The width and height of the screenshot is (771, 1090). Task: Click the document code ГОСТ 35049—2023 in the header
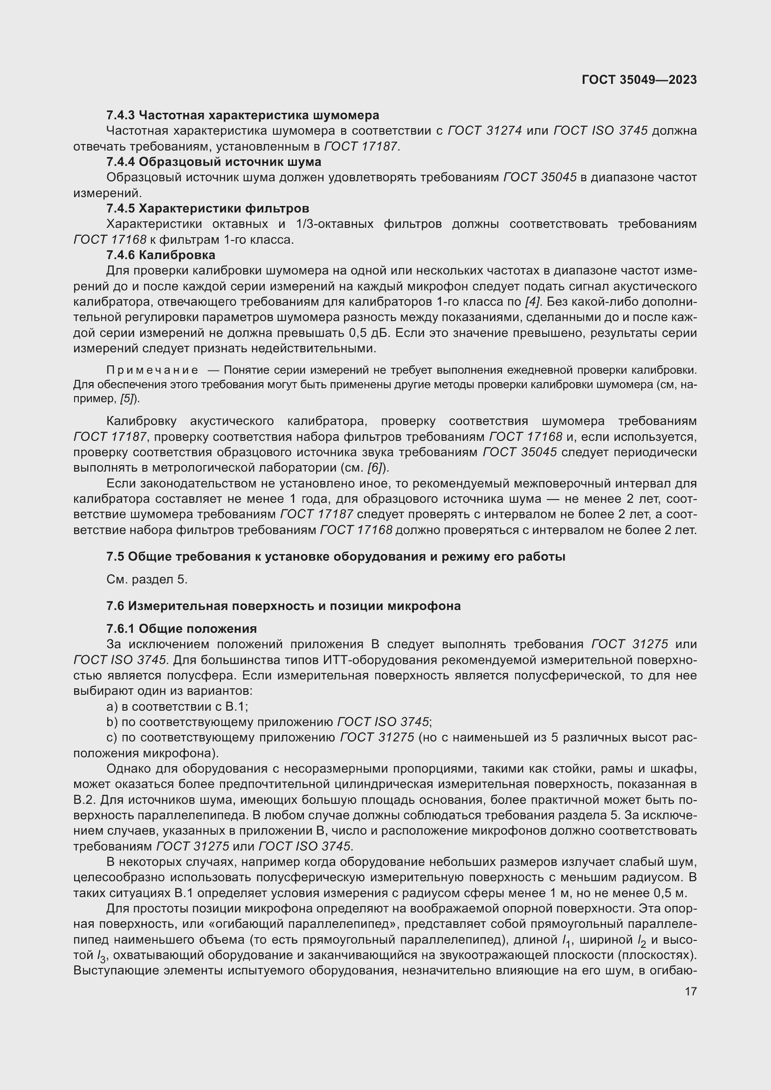(x=639, y=80)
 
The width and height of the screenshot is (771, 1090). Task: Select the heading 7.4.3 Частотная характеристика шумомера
(x=242, y=116)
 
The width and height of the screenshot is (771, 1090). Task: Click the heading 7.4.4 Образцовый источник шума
(x=213, y=162)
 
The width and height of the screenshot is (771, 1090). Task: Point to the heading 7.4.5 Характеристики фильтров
(x=207, y=208)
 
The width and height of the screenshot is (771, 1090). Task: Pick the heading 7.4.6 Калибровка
(x=160, y=255)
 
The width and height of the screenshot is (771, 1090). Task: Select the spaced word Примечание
(x=152, y=370)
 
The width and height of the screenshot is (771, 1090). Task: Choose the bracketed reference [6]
(x=376, y=467)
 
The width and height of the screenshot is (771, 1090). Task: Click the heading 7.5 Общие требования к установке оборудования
(x=336, y=556)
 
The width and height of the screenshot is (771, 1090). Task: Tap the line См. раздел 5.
(x=147, y=580)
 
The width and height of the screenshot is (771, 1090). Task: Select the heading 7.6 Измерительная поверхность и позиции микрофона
(x=283, y=606)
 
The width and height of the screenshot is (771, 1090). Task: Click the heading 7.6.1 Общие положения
(x=181, y=629)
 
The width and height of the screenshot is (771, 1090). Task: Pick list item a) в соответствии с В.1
(x=177, y=707)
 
